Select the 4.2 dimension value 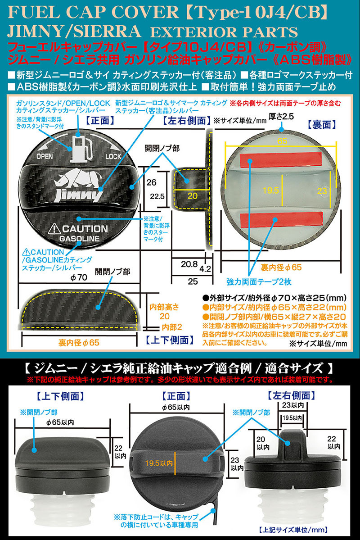coord(205,269)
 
